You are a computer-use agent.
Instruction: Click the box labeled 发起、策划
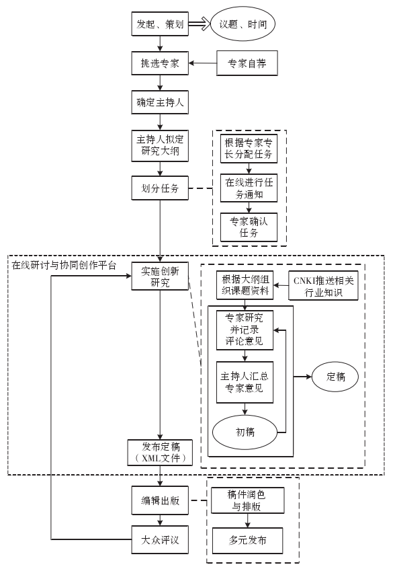tap(160, 24)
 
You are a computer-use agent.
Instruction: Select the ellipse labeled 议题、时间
tap(243, 24)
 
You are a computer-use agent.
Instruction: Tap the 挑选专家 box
tap(160, 63)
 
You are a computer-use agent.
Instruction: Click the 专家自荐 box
tap(247, 63)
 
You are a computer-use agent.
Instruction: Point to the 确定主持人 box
tap(160, 102)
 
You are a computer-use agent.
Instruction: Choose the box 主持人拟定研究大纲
tap(160, 145)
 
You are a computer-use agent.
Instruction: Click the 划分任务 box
tap(160, 188)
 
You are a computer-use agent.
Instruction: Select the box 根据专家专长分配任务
tap(249, 149)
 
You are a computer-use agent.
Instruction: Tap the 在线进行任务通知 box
tap(249, 188)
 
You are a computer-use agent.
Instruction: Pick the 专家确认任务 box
tap(249, 227)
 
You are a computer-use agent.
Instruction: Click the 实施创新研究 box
tap(160, 276)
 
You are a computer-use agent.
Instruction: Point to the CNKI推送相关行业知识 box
tap(323, 286)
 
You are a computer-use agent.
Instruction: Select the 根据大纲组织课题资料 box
tap(245, 285)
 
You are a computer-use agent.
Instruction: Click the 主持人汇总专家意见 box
tap(245, 382)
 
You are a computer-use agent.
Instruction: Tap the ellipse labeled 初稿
tap(245, 432)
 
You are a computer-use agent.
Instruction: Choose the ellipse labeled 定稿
tap(335, 377)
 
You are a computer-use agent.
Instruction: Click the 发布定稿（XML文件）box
tap(160, 453)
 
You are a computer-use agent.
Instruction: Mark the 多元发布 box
tap(248, 540)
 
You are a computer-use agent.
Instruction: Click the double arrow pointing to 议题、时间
tap(200, 24)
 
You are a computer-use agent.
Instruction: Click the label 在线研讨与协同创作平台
tap(64, 265)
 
